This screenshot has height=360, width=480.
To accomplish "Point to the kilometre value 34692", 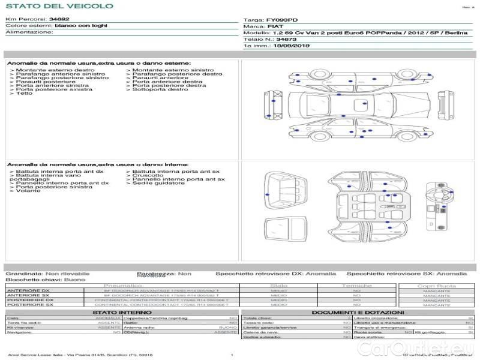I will tap(59, 20).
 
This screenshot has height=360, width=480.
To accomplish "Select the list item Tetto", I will tap(25, 94).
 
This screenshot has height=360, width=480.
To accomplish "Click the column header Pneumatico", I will tap(122, 286).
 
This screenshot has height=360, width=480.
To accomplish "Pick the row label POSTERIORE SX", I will tap(29, 305).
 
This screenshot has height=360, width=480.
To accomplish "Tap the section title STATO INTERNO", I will tap(118, 313).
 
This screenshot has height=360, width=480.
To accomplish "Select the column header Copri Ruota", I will tap(436, 286).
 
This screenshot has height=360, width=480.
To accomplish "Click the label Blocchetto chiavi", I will tap(29, 280).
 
